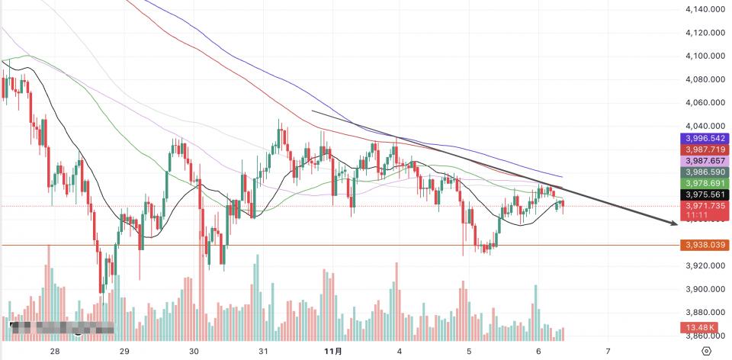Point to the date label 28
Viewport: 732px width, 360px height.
click(x=54, y=352)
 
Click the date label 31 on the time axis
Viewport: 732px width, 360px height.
click(x=263, y=352)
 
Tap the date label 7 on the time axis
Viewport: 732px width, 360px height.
click(x=608, y=352)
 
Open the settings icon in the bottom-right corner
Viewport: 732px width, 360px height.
click(x=707, y=352)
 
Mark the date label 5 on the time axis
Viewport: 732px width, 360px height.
click(x=468, y=352)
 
